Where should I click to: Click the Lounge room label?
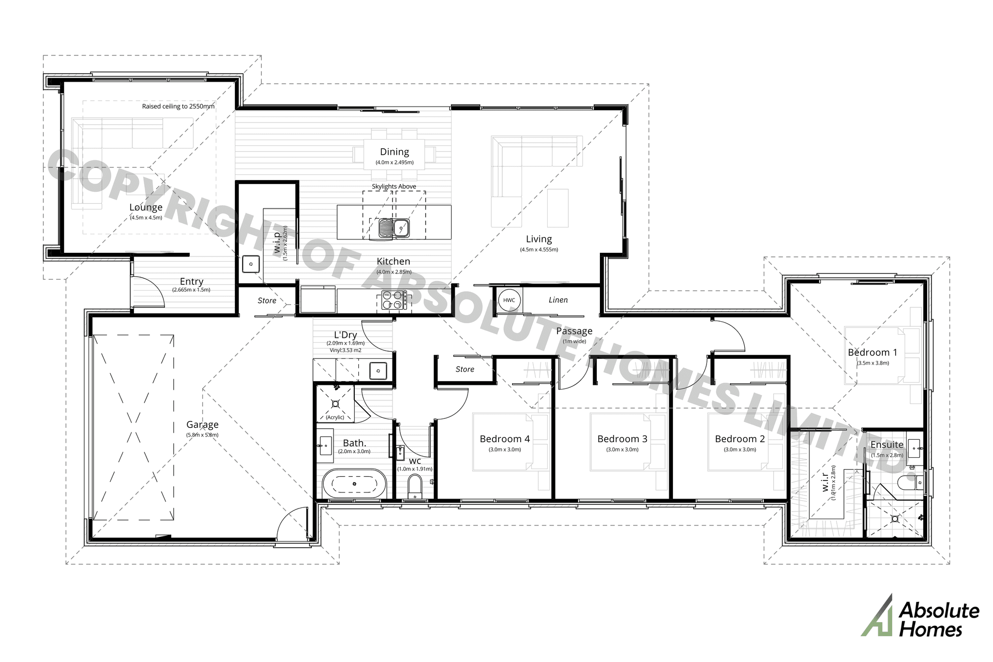(146, 207)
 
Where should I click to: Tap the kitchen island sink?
(394, 228)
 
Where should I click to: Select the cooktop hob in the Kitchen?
(394, 299)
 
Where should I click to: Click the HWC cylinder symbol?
(509, 300)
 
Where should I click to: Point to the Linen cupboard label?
(558, 300)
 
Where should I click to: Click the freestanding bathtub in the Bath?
(354, 484)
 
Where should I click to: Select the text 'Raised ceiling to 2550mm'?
(178, 107)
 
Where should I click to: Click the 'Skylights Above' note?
(394, 186)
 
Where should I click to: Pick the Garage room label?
(202, 425)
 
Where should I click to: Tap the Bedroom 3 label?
(622, 439)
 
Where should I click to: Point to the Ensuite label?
(886, 445)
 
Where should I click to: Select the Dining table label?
(394, 152)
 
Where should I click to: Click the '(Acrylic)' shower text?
(335, 417)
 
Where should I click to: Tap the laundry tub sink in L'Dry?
(378, 371)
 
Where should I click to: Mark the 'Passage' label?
(574, 331)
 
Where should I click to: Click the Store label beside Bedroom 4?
(464, 369)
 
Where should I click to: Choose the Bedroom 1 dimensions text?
(872, 363)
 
